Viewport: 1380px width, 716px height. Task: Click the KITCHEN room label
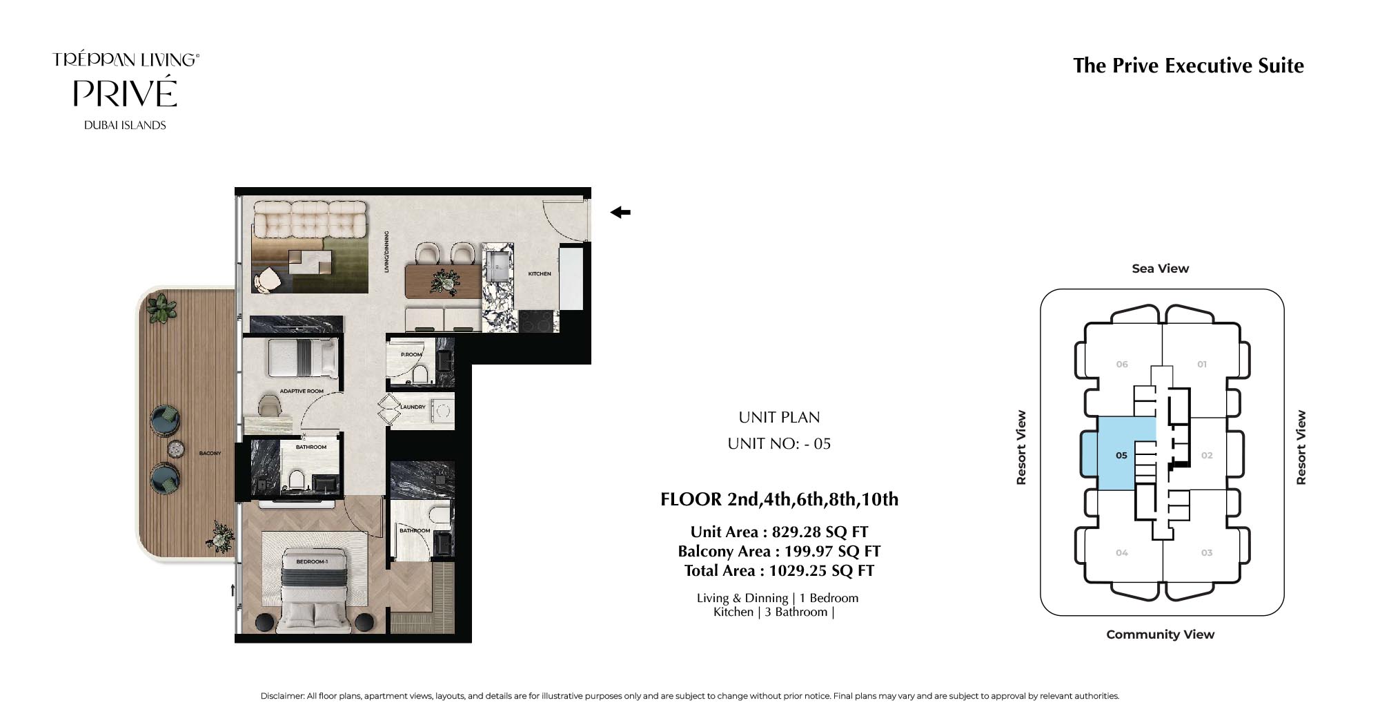(540, 274)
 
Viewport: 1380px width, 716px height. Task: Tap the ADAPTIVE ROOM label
(302, 391)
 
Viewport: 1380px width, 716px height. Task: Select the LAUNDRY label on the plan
(413, 407)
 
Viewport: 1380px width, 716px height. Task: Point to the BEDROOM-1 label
(312, 562)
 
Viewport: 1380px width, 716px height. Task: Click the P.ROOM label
(411, 355)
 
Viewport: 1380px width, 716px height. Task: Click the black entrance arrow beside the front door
(620, 213)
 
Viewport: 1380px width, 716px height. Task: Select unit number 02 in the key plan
(1207, 455)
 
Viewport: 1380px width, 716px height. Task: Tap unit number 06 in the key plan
(1122, 365)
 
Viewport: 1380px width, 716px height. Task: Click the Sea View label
(1161, 269)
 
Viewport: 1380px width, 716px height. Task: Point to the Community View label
(1161, 635)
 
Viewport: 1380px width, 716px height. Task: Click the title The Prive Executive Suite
(1188, 66)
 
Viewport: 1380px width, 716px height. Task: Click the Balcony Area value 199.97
(809, 551)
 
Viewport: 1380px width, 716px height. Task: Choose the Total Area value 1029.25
(798, 570)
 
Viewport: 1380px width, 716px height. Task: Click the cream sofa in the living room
(310, 218)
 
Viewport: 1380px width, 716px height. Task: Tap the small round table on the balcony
(176, 449)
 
